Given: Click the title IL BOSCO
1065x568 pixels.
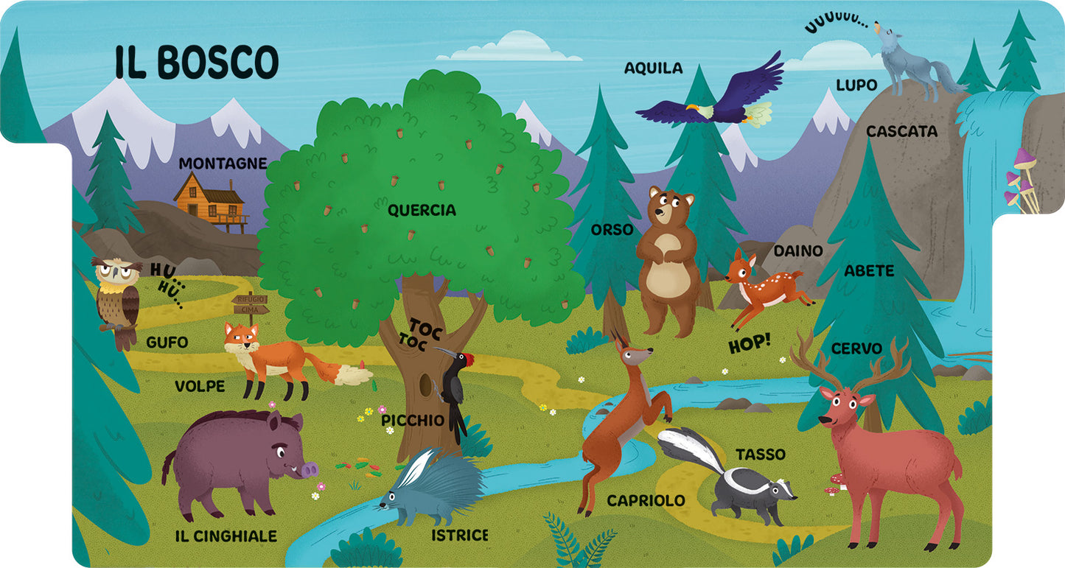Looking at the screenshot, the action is coord(197,61).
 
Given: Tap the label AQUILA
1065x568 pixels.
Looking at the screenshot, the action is coord(653,69).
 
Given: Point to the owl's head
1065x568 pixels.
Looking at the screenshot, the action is coord(117,272).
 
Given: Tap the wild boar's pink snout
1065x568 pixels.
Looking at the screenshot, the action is coord(309,469).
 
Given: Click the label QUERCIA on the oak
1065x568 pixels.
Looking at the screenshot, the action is coord(422,211).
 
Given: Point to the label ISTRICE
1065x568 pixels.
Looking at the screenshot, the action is coord(460,535).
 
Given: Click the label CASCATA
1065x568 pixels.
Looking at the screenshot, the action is coord(901,132).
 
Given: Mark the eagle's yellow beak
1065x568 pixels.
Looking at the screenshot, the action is coord(693,108).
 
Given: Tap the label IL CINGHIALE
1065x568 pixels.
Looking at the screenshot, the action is coord(226,536).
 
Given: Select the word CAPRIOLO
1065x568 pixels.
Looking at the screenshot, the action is coord(646,501).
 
